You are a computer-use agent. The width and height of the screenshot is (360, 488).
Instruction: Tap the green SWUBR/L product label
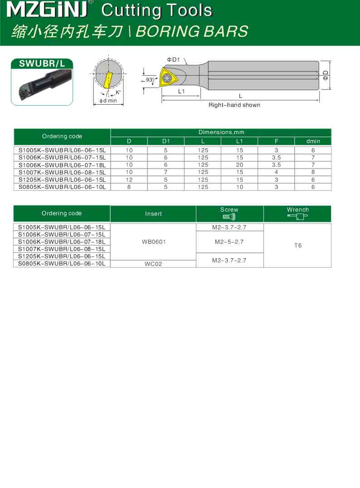[42, 64]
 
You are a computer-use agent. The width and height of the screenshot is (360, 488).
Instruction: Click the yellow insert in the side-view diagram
[170, 78]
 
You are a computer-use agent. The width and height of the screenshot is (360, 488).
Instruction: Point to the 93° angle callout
[150, 80]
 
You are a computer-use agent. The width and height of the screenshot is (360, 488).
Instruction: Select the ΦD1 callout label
[174, 59]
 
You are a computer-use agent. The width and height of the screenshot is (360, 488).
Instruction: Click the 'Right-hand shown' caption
[234, 105]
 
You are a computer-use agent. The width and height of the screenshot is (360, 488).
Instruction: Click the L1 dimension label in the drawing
[181, 91]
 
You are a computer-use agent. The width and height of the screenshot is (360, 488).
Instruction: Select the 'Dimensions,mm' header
[221, 132]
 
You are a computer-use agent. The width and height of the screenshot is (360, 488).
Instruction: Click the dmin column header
[313, 141]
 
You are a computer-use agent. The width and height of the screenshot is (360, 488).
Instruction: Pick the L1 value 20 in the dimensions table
[239, 165]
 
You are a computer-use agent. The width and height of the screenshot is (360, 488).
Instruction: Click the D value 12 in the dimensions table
[129, 179]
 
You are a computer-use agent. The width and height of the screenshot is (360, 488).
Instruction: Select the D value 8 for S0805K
[129, 187]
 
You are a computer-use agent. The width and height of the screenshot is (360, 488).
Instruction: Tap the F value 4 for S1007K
[276, 172]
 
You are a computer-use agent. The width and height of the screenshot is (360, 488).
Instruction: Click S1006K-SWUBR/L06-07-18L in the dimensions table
[62, 165]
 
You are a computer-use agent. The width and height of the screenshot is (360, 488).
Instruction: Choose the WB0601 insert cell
[154, 242]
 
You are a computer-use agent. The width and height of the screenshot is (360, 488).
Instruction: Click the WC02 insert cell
[154, 264]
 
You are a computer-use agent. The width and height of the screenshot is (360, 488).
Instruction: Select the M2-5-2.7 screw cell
[229, 242]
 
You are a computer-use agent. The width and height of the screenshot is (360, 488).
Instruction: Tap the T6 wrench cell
[297, 245]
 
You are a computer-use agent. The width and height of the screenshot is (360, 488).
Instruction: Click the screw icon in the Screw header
[229, 217]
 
